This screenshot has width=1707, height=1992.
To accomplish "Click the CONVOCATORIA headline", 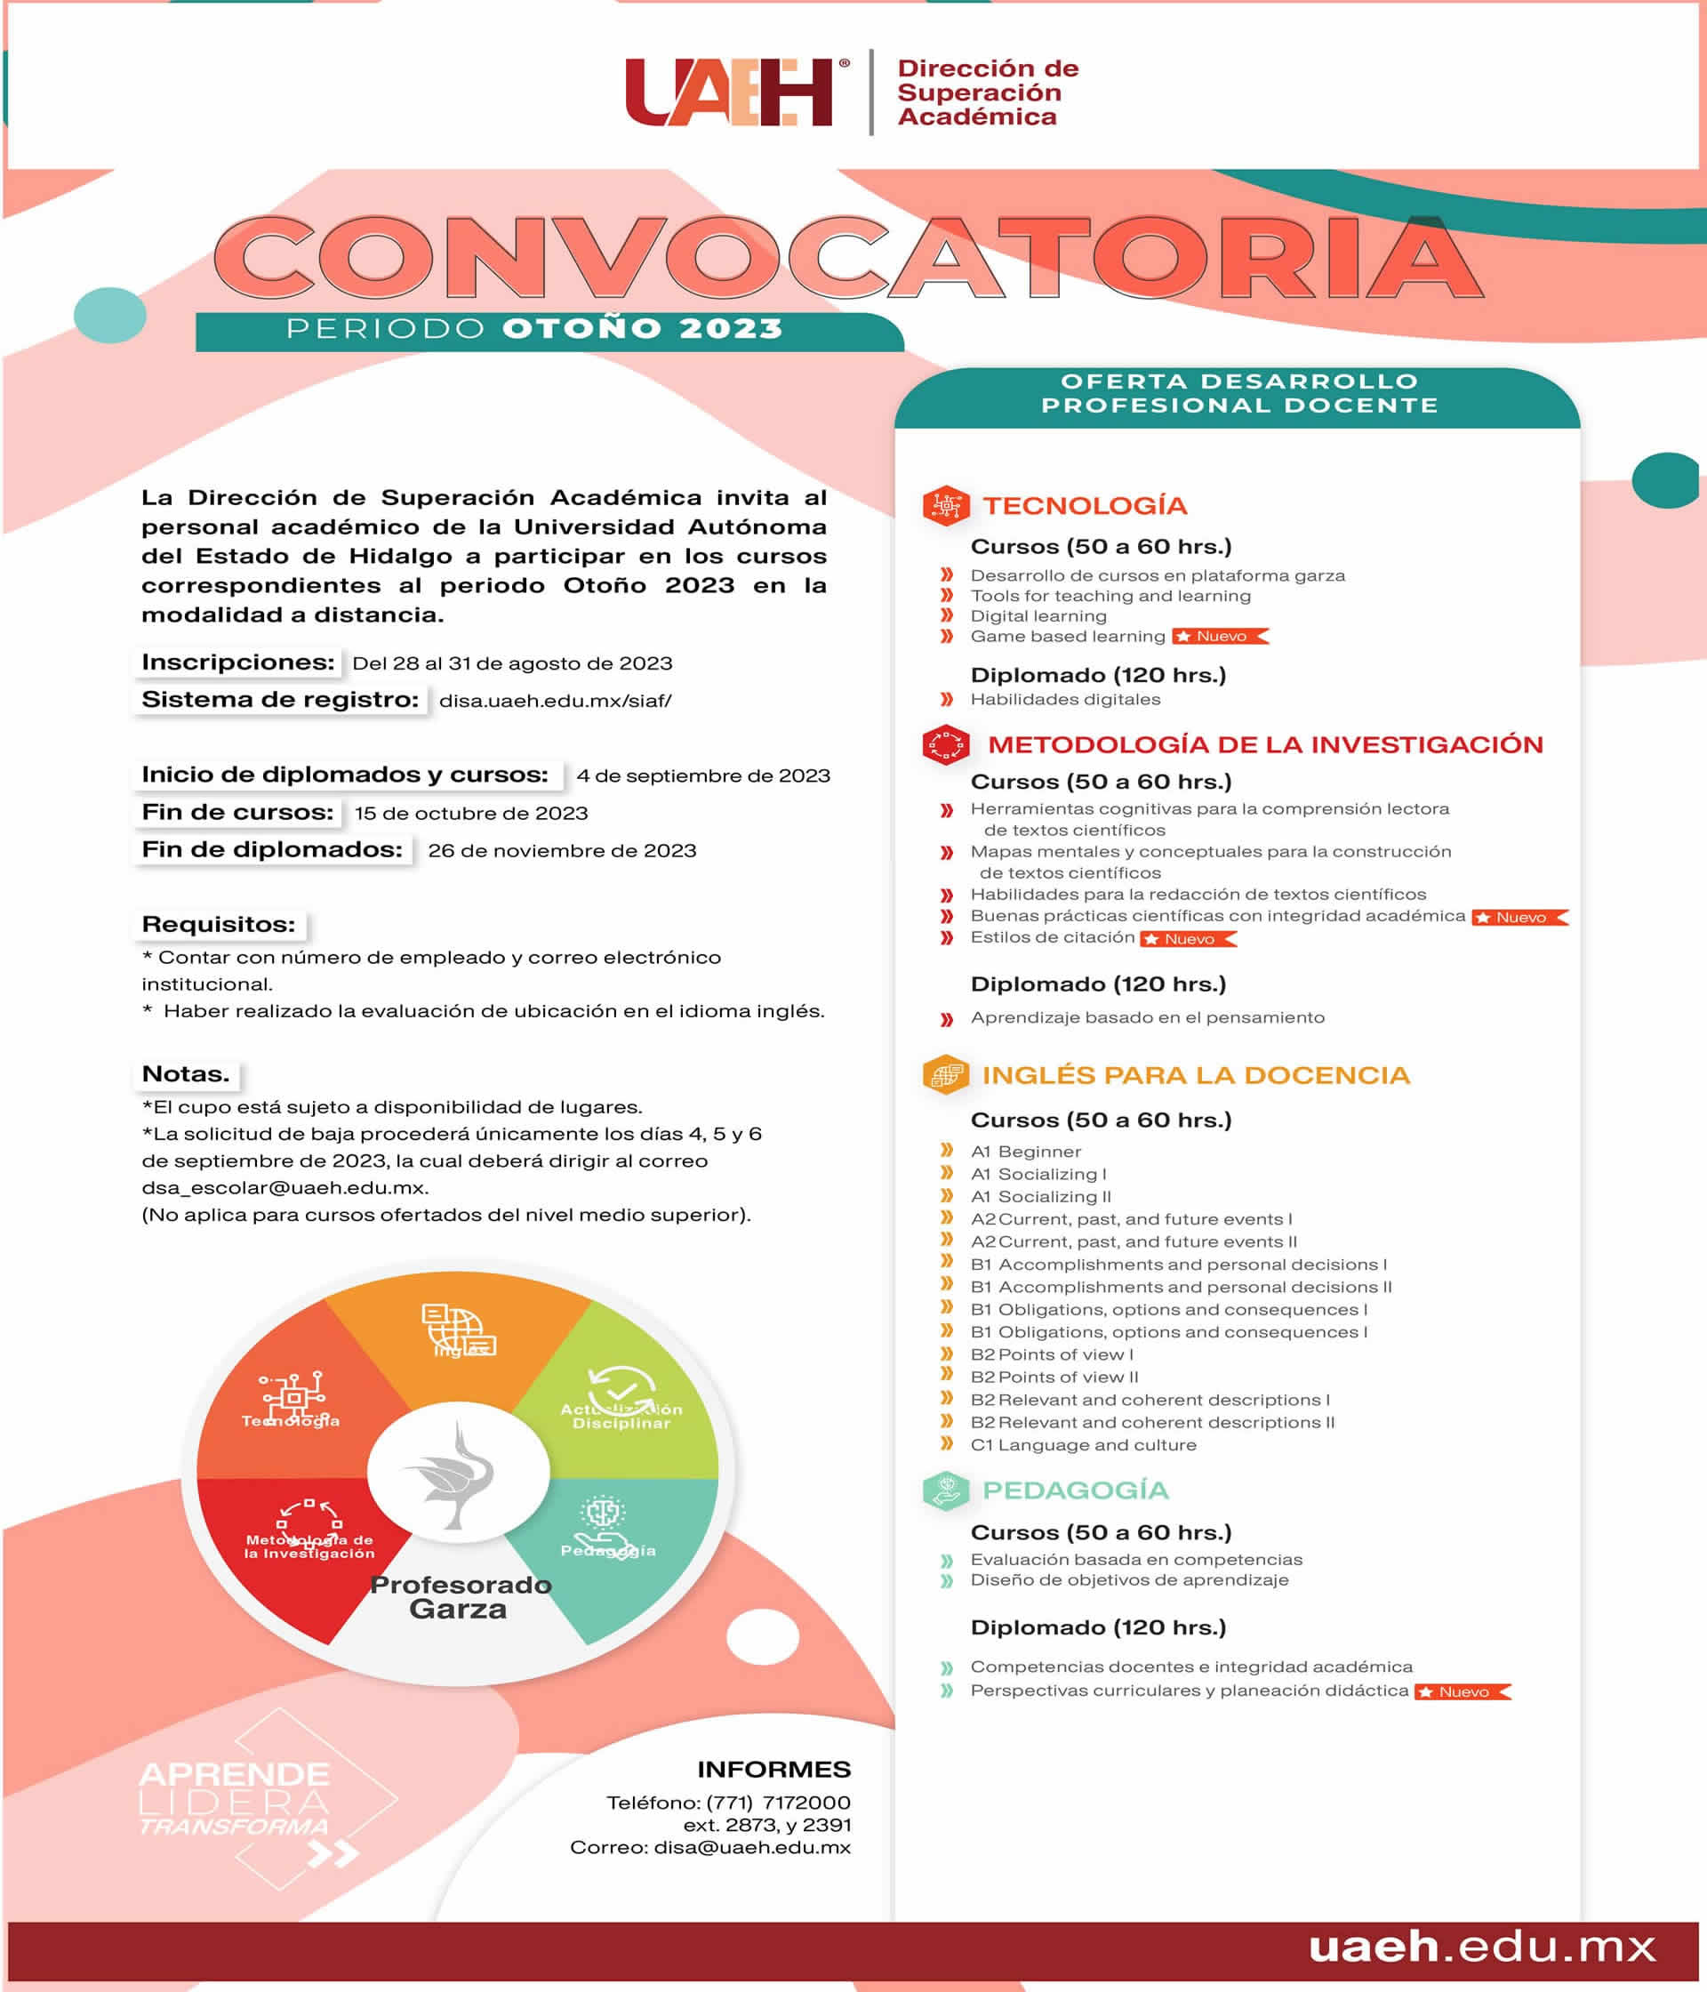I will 848,258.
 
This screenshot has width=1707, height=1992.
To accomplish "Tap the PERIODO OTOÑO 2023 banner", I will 534,329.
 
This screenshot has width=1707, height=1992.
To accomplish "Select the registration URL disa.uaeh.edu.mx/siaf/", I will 555,701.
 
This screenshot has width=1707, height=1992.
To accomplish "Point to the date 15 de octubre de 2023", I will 471,814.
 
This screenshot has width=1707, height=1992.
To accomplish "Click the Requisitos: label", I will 218,924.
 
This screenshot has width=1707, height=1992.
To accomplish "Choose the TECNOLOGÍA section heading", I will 1084,506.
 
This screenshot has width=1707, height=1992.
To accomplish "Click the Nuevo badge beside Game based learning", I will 1220,637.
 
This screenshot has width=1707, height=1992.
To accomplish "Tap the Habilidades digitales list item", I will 1065,699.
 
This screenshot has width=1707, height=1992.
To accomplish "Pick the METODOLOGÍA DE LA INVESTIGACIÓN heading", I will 1265,744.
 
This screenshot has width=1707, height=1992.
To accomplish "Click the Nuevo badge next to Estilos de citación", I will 1188,939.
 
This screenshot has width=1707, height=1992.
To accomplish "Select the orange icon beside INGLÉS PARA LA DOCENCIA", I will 945,1075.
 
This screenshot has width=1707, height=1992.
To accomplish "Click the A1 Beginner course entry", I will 1026,1152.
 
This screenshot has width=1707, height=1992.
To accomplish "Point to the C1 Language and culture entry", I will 1083,1445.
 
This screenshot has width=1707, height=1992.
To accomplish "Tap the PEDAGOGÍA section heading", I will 1075,1490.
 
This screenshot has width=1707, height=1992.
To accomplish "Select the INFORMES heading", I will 773,1770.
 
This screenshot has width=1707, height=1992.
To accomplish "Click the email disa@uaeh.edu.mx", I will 751,1848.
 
